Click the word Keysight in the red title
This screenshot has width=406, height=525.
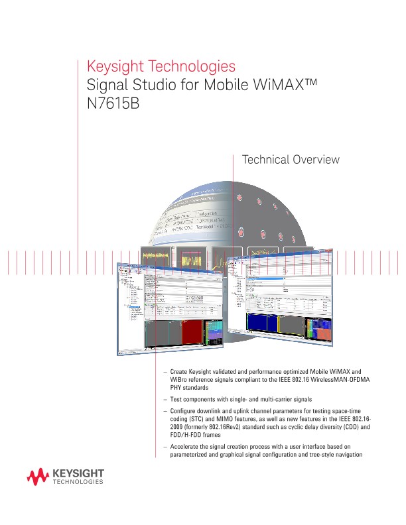(x=115, y=67)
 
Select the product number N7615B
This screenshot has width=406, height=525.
(x=113, y=103)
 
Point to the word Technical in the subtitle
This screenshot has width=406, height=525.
(x=265, y=160)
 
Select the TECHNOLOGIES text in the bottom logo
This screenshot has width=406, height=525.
(x=77, y=483)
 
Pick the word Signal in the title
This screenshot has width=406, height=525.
(x=105, y=86)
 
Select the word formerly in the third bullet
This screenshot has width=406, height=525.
(x=204, y=428)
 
